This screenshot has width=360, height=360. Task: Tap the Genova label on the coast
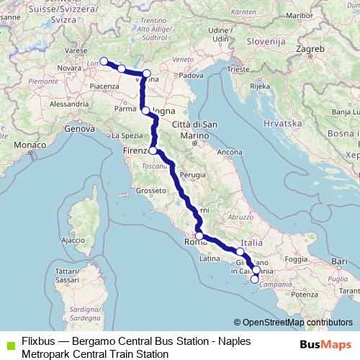[79, 129]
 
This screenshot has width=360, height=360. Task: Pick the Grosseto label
[151, 191]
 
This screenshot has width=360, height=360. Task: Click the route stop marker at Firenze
[153, 150]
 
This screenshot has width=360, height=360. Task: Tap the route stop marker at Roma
[199, 235]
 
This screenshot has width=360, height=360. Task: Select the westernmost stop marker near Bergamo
[104, 61]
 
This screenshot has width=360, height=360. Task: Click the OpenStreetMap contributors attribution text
[296, 323]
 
